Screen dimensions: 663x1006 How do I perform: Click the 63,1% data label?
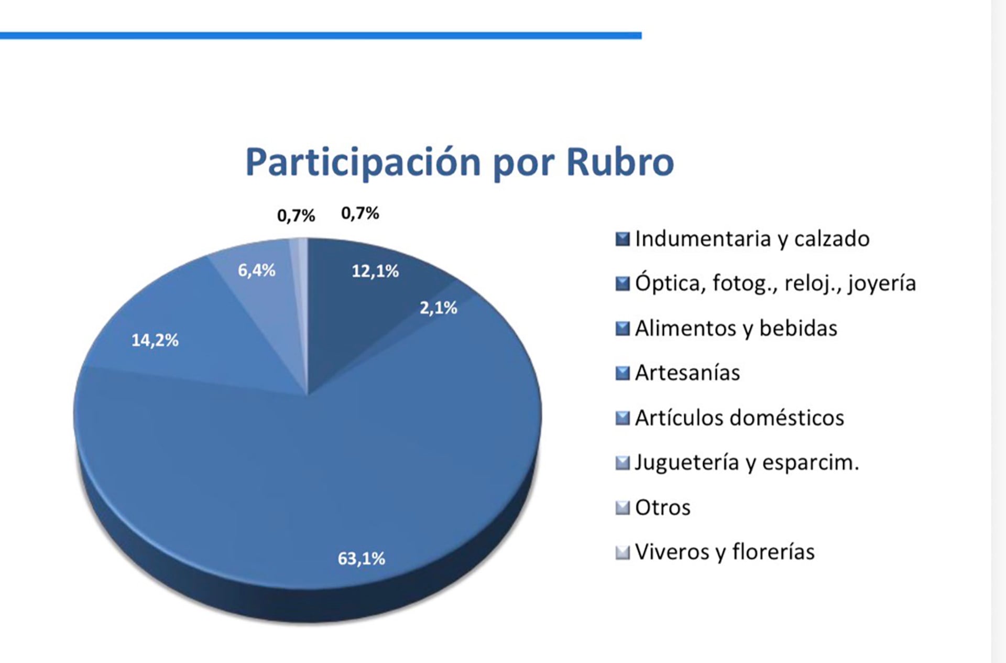pyautogui.click(x=361, y=559)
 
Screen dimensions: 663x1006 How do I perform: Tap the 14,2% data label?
pyautogui.click(x=155, y=341)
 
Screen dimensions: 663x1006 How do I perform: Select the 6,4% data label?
pyautogui.click(x=256, y=270)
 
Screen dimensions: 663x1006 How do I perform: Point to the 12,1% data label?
pyautogui.click(x=375, y=271)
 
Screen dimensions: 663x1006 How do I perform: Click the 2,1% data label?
pyautogui.click(x=438, y=308)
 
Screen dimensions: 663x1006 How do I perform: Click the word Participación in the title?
pyautogui.click(x=363, y=162)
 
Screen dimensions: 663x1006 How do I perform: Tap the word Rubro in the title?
pyautogui.click(x=620, y=161)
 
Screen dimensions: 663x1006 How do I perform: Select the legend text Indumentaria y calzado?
pyautogui.click(x=752, y=239)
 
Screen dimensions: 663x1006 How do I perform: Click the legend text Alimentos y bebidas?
pyautogui.click(x=736, y=329)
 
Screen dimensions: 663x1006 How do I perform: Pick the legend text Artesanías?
pyautogui.click(x=687, y=373)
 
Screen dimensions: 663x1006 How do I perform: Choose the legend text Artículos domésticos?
pyautogui.click(x=739, y=418)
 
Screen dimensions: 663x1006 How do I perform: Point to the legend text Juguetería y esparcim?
pyautogui.click(x=747, y=463)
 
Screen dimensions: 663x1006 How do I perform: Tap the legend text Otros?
pyautogui.click(x=662, y=507)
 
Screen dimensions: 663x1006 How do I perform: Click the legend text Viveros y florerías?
pyautogui.click(x=725, y=552)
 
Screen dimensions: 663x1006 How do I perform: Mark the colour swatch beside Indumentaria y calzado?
pyautogui.click(x=622, y=239)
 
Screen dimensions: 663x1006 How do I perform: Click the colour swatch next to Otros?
pyautogui.click(x=622, y=507)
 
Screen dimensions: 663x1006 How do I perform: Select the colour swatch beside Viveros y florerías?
pyautogui.click(x=622, y=552)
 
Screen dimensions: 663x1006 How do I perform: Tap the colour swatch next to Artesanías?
pyautogui.click(x=622, y=373)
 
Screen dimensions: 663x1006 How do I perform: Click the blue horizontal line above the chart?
pyautogui.click(x=321, y=36)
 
